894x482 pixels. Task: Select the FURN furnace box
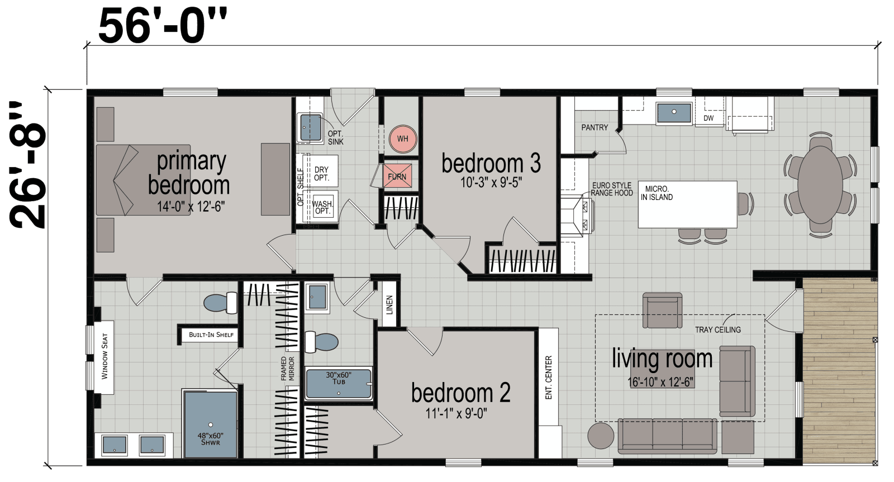397,176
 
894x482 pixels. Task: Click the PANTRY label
595,127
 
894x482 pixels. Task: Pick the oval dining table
820,184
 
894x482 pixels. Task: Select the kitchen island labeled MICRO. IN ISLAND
687,204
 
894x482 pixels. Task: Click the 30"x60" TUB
338,383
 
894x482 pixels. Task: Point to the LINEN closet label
390,304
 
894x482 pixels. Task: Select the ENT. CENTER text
548,378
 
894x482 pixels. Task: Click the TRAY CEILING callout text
718,330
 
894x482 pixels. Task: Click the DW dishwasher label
708,118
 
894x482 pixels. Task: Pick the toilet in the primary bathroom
220,303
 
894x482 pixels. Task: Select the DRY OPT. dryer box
321,173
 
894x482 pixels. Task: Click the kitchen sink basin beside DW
674,112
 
